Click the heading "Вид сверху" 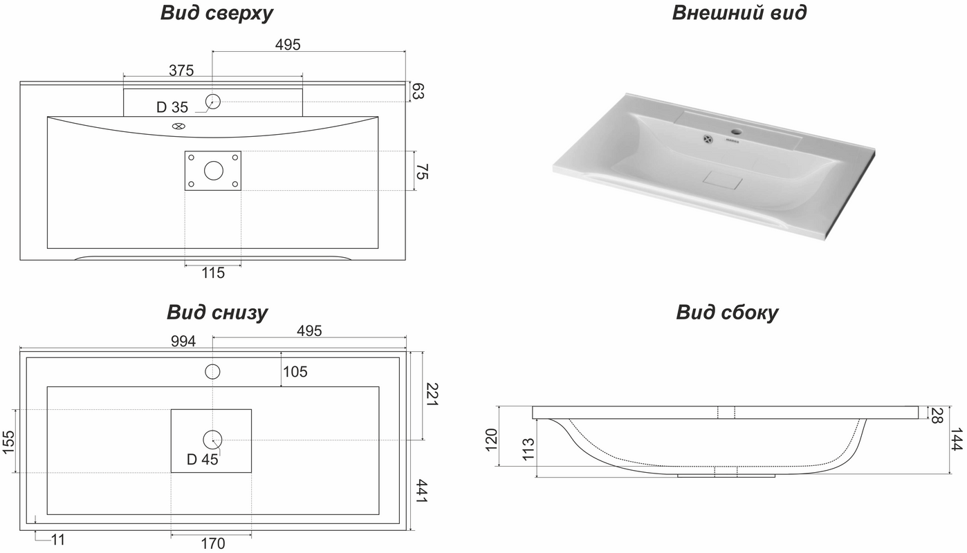[217, 14]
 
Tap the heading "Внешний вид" [739, 13]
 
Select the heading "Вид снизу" [217, 313]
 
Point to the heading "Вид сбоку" [727, 313]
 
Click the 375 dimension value [181, 71]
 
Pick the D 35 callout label [172, 107]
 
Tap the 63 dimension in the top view [418, 91]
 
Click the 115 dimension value [213, 272]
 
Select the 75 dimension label [422, 171]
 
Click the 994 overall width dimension [183, 341]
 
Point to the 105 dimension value [295, 371]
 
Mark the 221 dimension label [432, 394]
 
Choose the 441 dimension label [420, 491]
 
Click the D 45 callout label [203, 460]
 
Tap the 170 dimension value [213, 543]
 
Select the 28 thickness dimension [937, 415]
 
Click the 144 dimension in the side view [957, 439]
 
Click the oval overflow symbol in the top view [178, 126]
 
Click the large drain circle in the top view [214, 171]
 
